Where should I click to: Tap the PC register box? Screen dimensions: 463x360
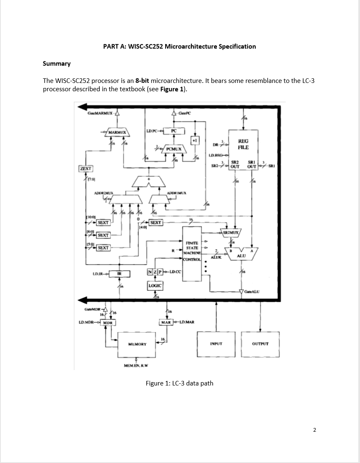pyautogui.click(x=174, y=131)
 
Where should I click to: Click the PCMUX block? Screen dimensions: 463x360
pyautogui.click(x=174, y=148)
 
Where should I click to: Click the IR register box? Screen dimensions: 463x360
pyautogui.click(x=119, y=273)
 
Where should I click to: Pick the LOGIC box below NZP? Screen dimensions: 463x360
pyautogui.click(x=155, y=286)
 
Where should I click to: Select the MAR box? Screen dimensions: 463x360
pyautogui.click(x=166, y=322)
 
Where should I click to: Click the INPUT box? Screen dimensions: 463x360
pyautogui.click(x=216, y=344)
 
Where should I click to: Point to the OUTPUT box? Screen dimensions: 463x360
pyautogui.click(x=260, y=344)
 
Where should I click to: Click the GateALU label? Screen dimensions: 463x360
pyautogui.click(x=252, y=291)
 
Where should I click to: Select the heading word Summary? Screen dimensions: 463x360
pyautogui.click(x=57, y=63)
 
